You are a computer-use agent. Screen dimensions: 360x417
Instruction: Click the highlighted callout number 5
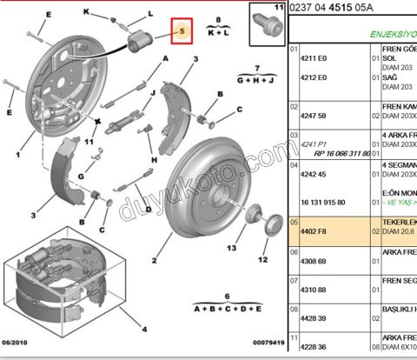point(182,32)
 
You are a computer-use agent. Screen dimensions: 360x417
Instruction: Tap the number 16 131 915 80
point(321,202)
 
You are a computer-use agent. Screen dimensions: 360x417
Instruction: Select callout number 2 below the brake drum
point(153,260)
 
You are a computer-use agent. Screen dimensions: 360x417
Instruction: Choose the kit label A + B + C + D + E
point(227,309)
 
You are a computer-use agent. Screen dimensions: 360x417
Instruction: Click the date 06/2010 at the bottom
point(16,343)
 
